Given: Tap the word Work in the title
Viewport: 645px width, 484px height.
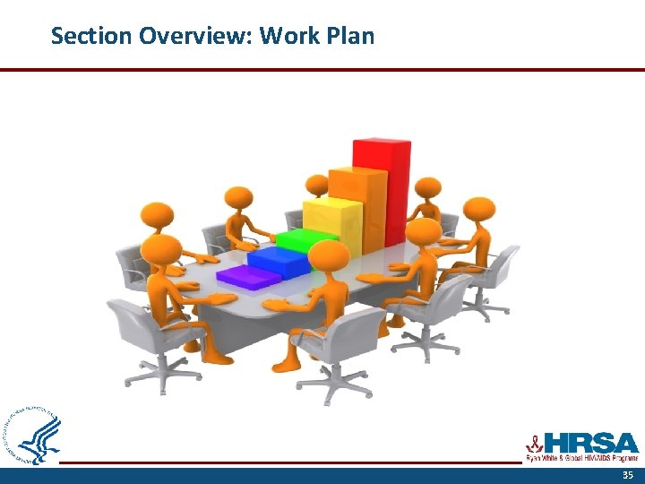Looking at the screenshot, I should tap(288, 36).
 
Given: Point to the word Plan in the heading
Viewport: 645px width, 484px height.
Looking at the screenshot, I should tap(350, 36).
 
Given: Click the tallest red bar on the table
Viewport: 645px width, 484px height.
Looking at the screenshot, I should tap(382, 188).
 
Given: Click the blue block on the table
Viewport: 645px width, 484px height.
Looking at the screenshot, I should tap(278, 261).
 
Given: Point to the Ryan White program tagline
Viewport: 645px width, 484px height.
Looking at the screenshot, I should tap(581, 458).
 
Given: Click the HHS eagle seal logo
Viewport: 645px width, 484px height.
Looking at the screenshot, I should tap(34, 435).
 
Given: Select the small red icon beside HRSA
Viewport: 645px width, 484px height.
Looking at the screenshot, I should tap(534, 443).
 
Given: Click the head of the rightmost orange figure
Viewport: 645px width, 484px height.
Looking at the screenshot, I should tap(479, 210).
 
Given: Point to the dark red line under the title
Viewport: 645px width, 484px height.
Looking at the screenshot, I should tap(322, 69).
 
